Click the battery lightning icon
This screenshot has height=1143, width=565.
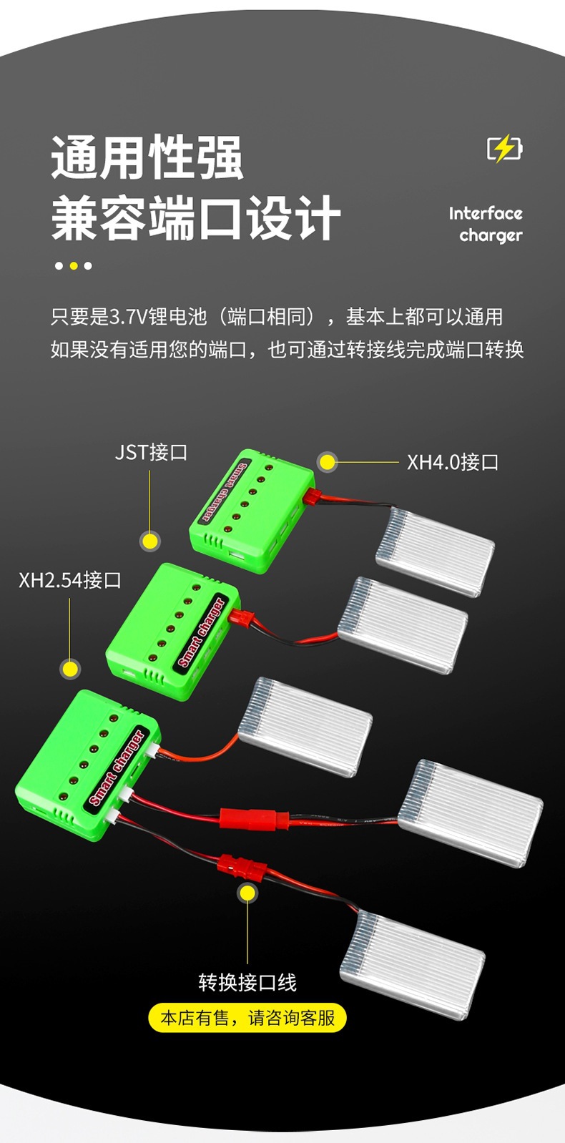point(505,149)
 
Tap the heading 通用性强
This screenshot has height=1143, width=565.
point(147,157)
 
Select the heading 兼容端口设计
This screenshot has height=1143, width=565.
point(195,218)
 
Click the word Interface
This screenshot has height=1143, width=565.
point(486,213)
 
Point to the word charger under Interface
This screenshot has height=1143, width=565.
point(491,235)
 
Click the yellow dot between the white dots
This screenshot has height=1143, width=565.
point(74,266)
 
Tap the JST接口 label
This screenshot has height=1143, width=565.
point(151,453)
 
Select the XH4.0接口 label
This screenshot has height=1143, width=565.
point(452,462)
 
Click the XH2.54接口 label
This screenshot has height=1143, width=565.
point(70,580)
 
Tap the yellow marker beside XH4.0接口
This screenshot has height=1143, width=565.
point(327,462)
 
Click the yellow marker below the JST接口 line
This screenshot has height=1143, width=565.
point(150,541)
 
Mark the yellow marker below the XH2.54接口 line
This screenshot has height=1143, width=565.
point(70,669)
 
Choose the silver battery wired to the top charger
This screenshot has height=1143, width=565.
point(435,551)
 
